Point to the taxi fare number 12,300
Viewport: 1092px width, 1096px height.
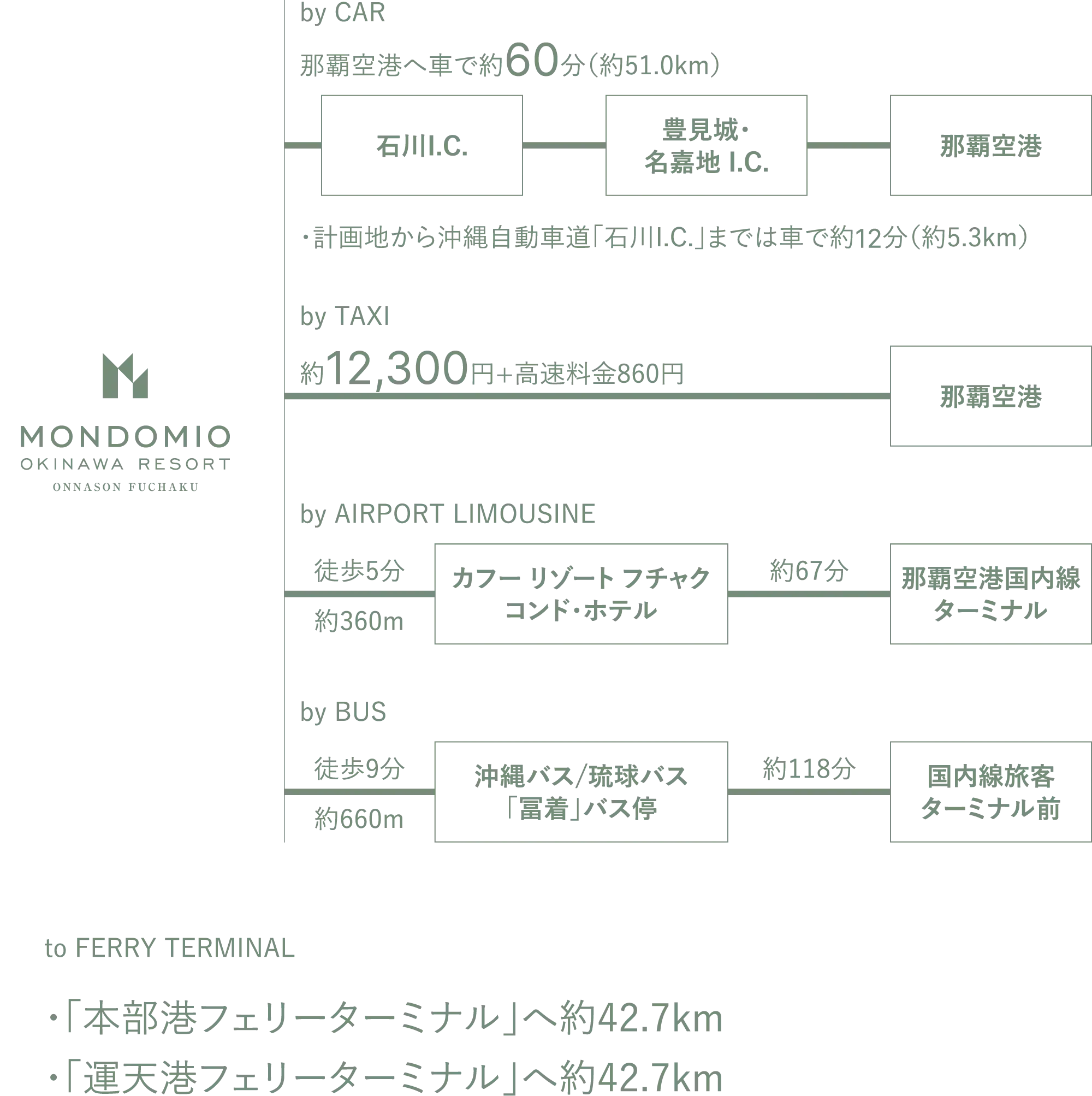coord(397,369)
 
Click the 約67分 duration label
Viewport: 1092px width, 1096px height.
coord(809,570)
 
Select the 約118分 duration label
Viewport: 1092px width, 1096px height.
coord(809,768)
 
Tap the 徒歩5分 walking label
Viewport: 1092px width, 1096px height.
coord(359,570)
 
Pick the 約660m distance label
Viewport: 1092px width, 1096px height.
coord(359,819)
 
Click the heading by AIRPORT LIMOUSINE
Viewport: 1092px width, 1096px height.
coord(448,514)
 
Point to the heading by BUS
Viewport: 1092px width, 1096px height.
coord(343,713)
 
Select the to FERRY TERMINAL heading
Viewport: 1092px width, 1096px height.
coord(170,948)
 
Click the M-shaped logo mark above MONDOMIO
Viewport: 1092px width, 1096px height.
coord(125,376)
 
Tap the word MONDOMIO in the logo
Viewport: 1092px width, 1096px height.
coord(125,437)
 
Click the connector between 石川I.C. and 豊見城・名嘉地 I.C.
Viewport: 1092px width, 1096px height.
coord(564,145)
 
